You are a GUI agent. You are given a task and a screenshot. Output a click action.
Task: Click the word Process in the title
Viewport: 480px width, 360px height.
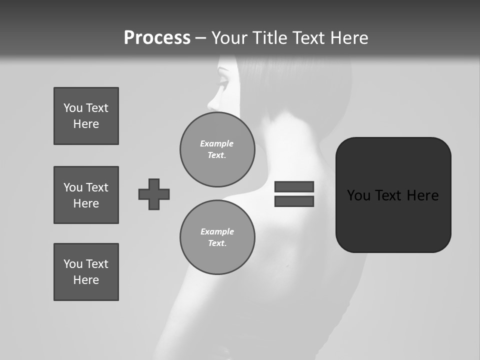click(x=157, y=38)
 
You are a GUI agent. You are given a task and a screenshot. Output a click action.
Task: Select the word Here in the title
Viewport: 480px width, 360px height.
click(x=348, y=38)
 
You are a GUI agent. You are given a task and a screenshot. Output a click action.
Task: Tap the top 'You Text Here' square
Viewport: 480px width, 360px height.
click(x=86, y=116)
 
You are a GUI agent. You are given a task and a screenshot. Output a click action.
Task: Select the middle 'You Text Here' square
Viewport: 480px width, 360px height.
click(x=86, y=195)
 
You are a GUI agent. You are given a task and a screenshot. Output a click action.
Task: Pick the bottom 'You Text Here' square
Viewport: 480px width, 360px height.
click(x=86, y=271)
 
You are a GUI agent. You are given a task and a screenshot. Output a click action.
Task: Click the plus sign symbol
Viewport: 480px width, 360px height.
click(x=154, y=194)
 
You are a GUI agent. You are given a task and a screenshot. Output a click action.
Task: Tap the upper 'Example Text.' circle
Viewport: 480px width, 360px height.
click(x=217, y=149)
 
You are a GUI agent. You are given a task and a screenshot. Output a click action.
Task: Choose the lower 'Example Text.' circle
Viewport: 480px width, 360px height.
click(x=217, y=237)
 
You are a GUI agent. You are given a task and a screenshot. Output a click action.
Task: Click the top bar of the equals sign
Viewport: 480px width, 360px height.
click(x=294, y=186)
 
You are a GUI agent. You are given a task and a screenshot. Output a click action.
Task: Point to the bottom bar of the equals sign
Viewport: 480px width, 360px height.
click(x=294, y=201)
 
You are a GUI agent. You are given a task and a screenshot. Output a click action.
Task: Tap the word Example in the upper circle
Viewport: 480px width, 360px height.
click(x=217, y=143)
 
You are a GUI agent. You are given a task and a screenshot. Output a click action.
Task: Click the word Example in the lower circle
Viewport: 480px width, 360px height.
click(x=217, y=231)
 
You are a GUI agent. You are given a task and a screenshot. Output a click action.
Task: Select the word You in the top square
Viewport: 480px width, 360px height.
click(x=72, y=108)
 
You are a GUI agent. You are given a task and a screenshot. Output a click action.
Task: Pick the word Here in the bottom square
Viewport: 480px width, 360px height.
click(x=86, y=280)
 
